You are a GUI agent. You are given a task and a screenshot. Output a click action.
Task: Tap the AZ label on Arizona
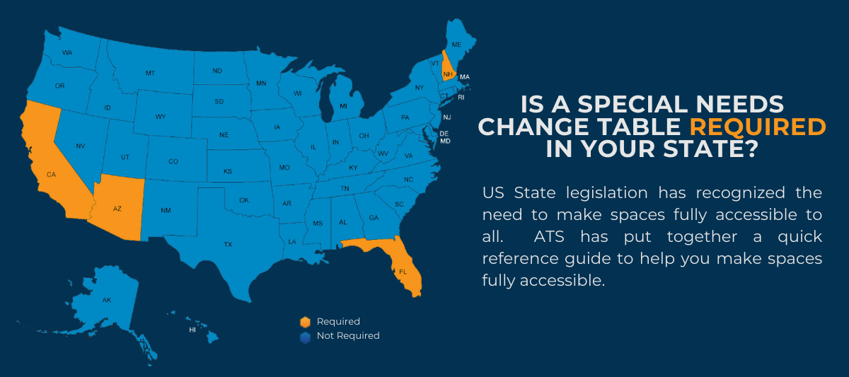[x=117, y=209]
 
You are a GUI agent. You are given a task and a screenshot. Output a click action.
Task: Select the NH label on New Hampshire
[x=448, y=74]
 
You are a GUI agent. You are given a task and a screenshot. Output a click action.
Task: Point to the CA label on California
[x=51, y=174]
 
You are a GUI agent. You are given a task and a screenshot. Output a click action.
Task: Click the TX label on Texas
[x=228, y=245]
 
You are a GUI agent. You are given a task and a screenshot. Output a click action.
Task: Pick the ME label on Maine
[x=456, y=45]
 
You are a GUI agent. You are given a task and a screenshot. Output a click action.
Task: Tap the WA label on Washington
[x=67, y=52]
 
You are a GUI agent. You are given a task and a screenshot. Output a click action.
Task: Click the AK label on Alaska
[x=107, y=300]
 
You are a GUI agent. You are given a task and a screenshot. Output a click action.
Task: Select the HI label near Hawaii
[x=192, y=330]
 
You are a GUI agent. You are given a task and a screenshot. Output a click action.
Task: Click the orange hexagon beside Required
[x=305, y=322]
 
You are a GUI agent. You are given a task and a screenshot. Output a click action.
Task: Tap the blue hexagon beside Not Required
[x=305, y=337]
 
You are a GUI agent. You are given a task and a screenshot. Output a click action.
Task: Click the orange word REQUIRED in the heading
[x=758, y=127]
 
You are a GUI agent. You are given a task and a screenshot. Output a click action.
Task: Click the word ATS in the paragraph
[x=549, y=237]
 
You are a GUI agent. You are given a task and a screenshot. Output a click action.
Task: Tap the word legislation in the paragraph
[x=607, y=194]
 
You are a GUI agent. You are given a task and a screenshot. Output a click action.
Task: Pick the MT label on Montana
[x=150, y=73]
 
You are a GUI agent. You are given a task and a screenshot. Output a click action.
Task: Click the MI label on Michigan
[x=343, y=106]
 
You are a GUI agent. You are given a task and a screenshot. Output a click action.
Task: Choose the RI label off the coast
[x=461, y=98]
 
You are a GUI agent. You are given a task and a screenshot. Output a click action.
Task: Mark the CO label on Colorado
[x=173, y=161]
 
